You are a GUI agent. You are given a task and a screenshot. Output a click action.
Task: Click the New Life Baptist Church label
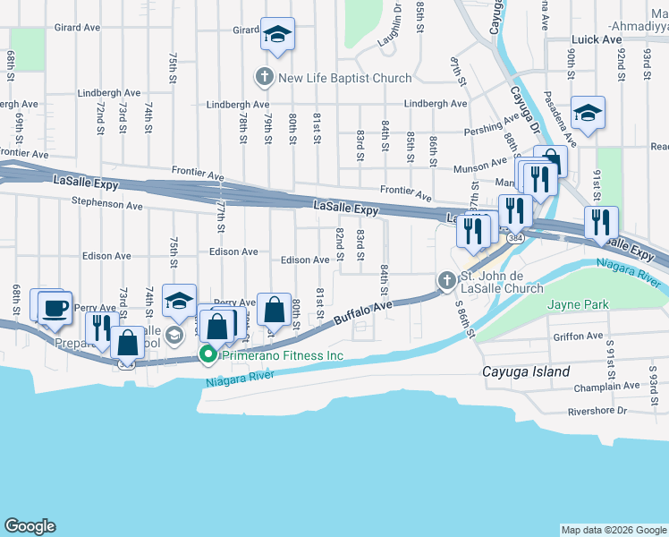(345, 78)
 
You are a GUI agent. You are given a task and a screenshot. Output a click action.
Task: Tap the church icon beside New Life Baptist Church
(265, 77)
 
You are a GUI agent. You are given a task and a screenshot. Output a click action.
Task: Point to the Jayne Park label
(579, 305)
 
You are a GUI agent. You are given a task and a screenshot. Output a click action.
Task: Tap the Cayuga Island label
(525, 371)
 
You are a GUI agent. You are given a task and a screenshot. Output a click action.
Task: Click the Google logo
(30, 526)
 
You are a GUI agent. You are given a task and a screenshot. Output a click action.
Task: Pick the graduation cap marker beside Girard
(277, 36)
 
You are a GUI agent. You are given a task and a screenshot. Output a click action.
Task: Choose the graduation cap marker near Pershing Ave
(588, 114)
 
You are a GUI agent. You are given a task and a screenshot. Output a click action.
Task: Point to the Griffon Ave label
(578, 337)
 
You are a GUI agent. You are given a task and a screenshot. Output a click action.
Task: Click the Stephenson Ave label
(108, 205)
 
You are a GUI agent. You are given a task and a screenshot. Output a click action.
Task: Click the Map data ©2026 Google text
(613, 529)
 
